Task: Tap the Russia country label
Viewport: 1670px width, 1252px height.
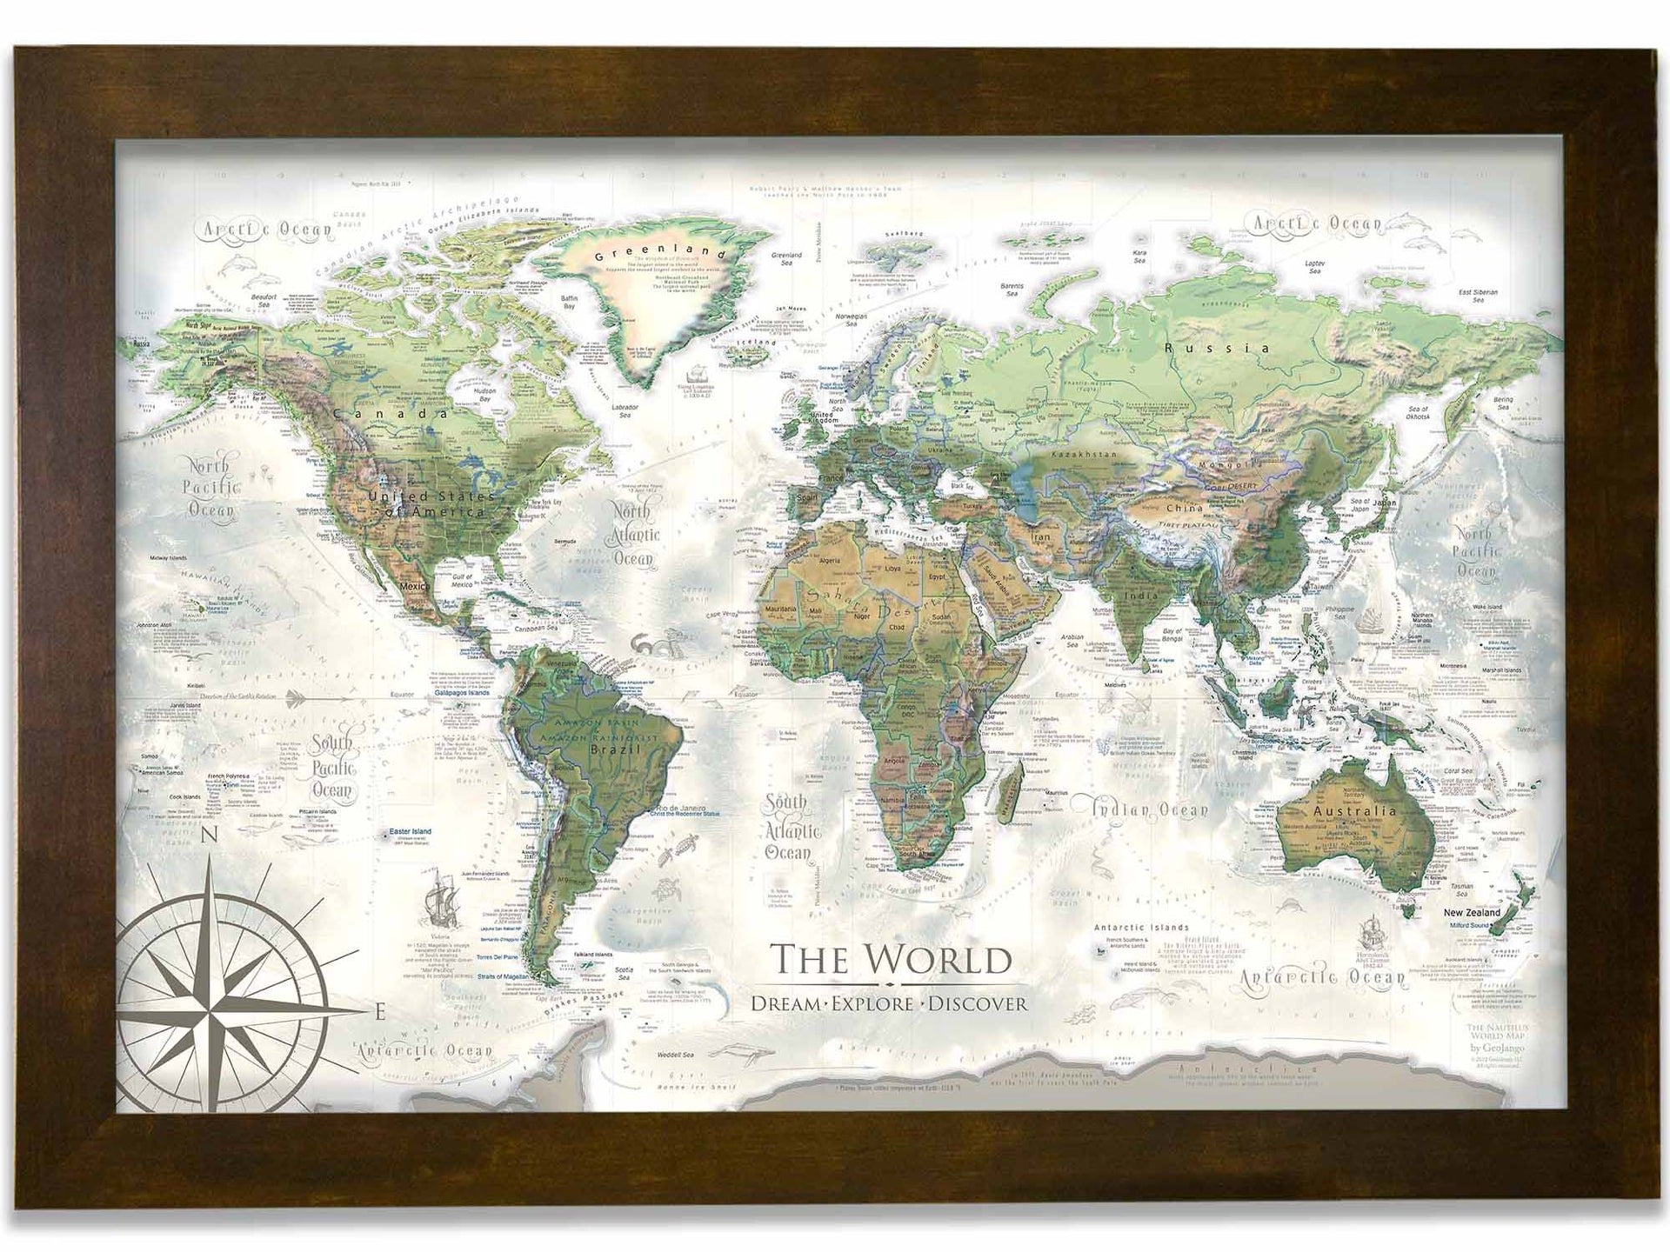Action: pos(1218,348)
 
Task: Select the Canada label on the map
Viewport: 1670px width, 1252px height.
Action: pos(391,415)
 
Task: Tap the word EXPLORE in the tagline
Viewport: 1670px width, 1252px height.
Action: pos(872,1004)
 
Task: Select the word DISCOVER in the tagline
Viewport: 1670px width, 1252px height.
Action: pos(978,1004)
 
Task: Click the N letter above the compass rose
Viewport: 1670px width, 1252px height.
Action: pos(209,836)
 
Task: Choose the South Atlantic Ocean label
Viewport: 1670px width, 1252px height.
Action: pos(788,826)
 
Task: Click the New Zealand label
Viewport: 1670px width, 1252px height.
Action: pos(1472,913)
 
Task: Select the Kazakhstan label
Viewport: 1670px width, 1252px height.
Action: pos(1083,455)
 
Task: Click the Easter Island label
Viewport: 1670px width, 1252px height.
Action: pos(411,832)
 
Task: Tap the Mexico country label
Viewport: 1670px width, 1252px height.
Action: pos(414,587)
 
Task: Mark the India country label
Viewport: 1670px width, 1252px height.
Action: pos(1142,596)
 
